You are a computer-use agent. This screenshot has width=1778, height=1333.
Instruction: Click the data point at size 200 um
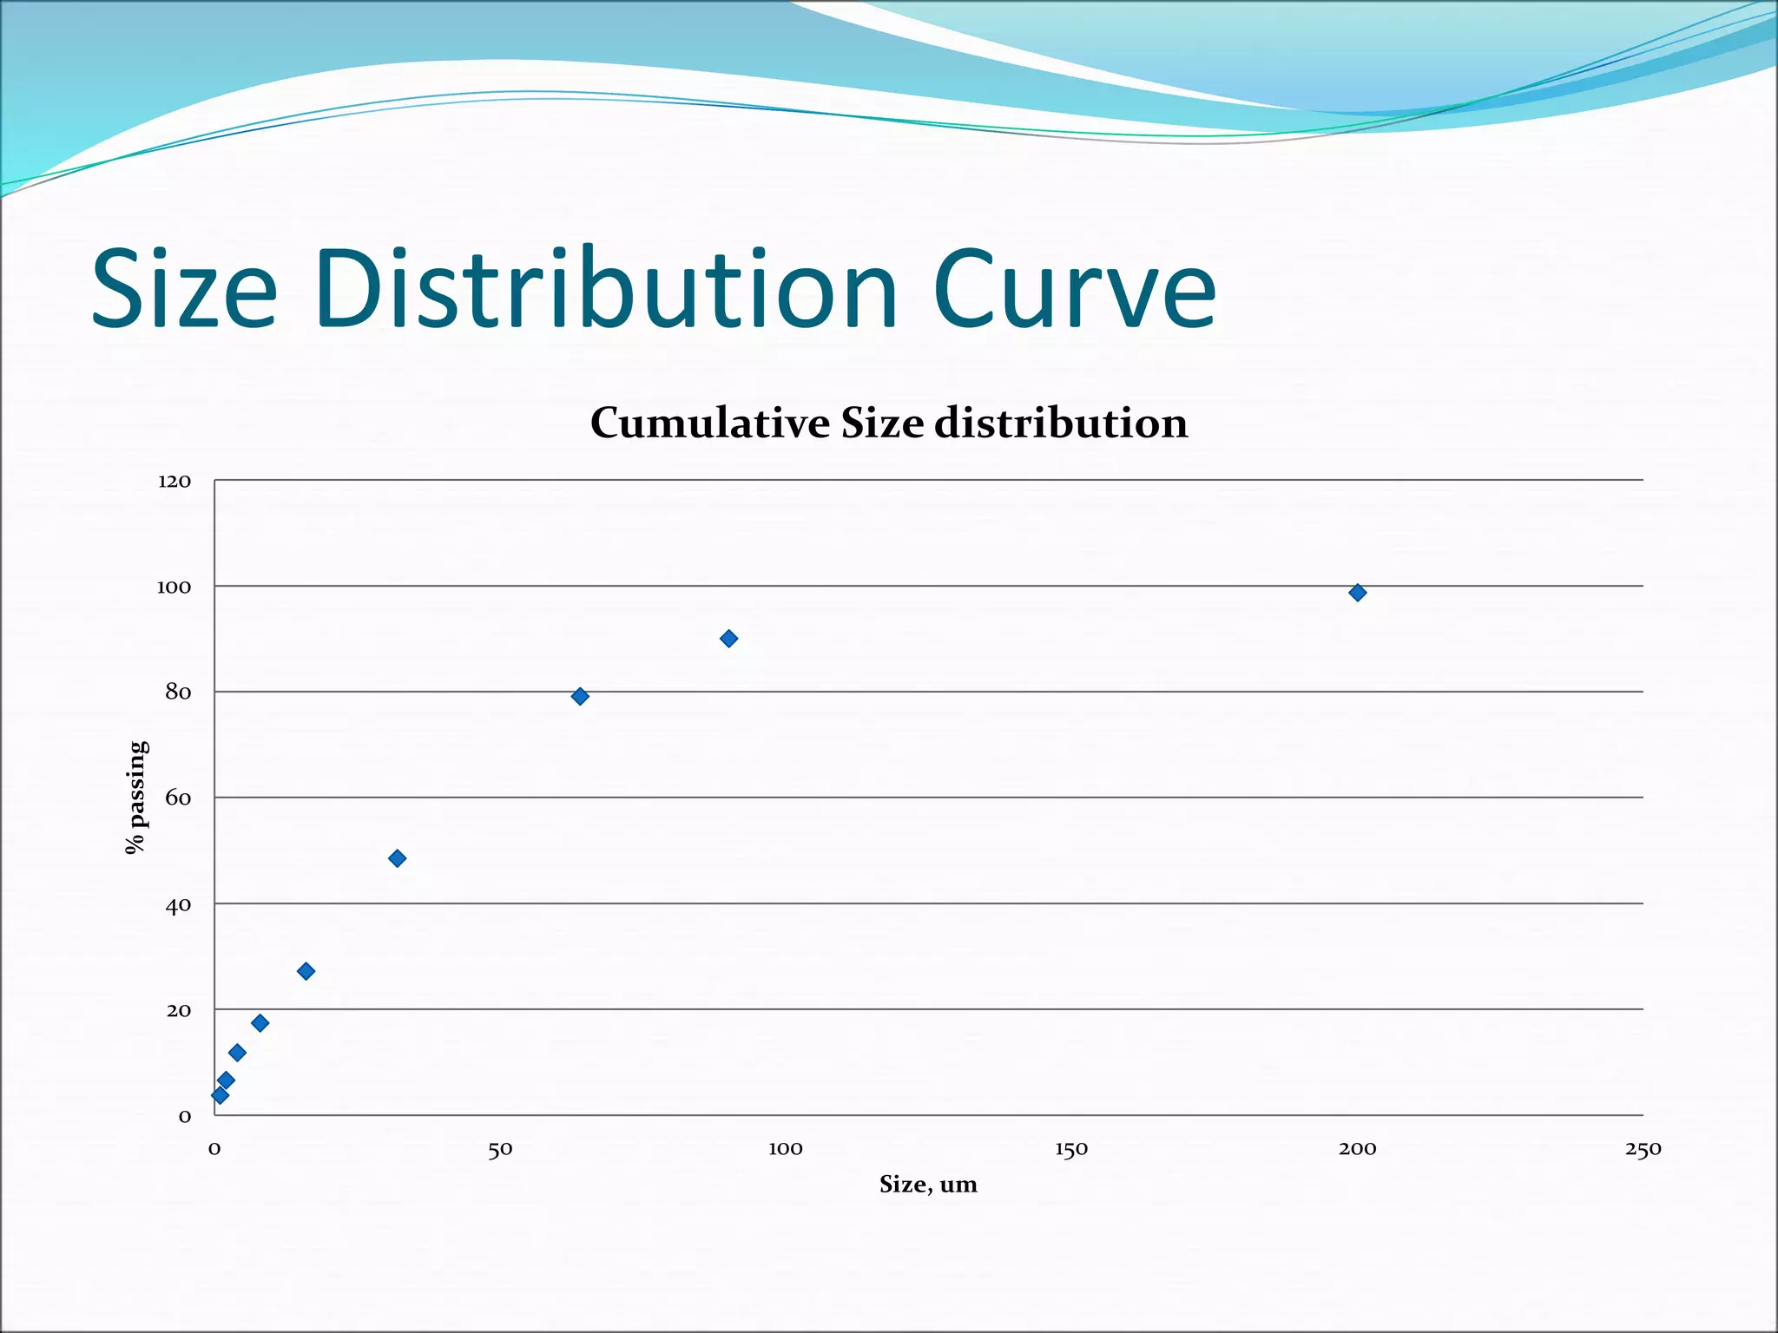coord(1357,593)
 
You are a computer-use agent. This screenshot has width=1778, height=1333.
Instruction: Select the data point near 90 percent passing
coord(728,639)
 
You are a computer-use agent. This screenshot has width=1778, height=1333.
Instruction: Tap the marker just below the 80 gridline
coord(580,696)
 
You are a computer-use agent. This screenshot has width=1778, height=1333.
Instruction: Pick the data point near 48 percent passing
coord(397,858)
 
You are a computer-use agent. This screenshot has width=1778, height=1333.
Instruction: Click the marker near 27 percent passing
coord(306,971)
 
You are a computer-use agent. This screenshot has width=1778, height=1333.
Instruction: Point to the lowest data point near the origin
coord(220,1095)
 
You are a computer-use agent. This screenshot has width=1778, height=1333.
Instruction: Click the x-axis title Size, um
coord(928,1185)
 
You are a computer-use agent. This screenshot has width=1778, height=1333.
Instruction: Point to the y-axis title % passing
coord(136,797)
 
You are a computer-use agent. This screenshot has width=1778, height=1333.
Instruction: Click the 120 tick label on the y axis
coord(174,482)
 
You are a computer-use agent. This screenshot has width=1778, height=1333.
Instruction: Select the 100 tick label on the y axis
coord(174,588)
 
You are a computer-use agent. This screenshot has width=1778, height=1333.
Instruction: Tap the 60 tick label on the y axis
coord(178,798)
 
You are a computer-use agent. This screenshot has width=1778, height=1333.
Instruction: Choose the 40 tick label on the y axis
coord(178,905)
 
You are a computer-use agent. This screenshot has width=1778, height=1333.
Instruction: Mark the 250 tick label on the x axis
coord(1643,1150)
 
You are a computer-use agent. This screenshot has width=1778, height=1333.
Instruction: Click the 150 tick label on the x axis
coord(1071,1150)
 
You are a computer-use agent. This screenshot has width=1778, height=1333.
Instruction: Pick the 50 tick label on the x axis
coord(500,1150)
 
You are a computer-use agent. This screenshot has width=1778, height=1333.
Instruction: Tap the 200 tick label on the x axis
coord(1357,1150)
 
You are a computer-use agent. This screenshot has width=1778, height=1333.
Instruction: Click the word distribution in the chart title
coord(1061,424)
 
